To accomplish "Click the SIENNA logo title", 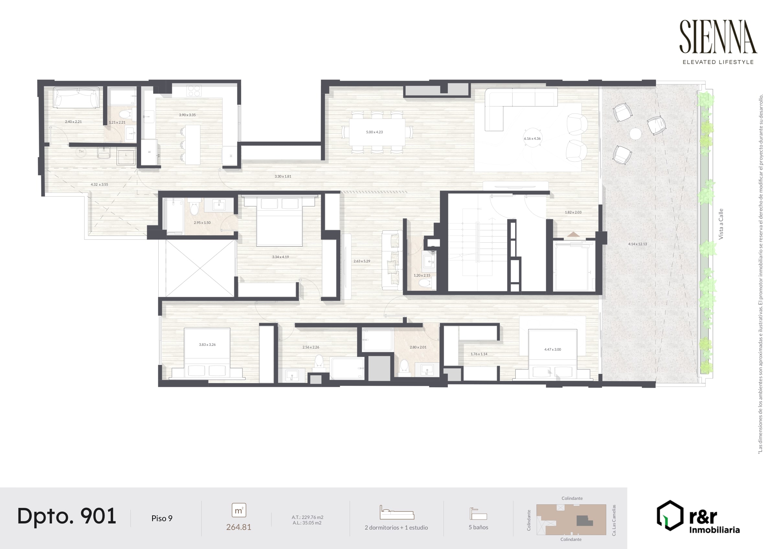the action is [718, 37].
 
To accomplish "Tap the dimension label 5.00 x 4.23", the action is [374, 132].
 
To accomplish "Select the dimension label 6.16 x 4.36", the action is [532, 138].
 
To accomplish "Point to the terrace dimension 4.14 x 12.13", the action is [637, 244].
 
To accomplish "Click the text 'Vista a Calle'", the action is [721, 224].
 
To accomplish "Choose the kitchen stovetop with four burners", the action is [194, 91].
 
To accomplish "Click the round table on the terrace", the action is [635, 134].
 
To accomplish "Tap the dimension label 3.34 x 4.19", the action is [280, 257].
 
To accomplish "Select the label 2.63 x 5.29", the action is [362, 261].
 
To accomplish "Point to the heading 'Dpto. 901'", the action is [67, 516].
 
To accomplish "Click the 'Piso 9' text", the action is [162, 518].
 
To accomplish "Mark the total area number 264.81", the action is [239, 527].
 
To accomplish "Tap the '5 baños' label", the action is [478, 527].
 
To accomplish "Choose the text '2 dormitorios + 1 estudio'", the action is [396, 527].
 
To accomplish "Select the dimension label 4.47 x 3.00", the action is [552, 349].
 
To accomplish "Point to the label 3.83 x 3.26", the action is [207, 345].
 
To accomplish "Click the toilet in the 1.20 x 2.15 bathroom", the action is [423, 282].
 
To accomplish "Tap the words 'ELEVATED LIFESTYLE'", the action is [718, 62].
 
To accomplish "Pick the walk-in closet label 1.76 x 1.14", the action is [479, 354].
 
